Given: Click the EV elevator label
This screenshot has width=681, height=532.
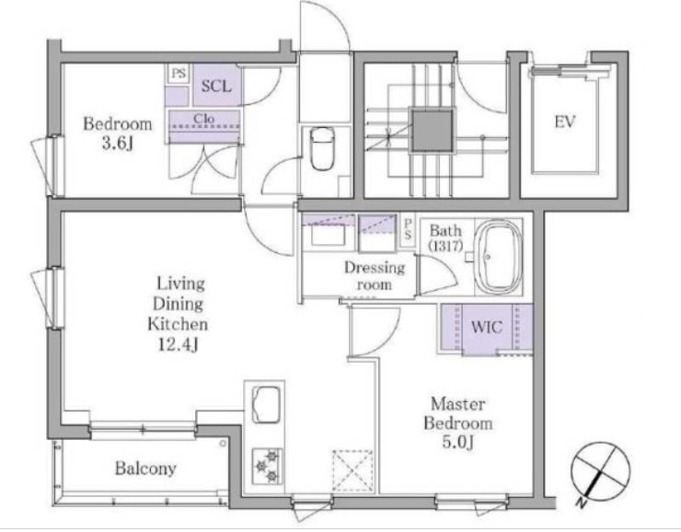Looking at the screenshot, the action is point(565,121).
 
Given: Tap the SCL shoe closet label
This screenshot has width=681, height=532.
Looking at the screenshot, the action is point(216,86).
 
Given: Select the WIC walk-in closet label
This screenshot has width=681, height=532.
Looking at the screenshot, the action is point(487,327).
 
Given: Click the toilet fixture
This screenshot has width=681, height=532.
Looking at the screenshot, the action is point(322,148).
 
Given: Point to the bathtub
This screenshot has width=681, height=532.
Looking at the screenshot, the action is point(497,257).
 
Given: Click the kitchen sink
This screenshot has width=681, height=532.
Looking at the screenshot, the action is point(266,404).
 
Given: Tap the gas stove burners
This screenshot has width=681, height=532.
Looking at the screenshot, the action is point(267,467).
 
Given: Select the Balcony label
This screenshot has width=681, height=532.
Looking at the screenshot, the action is point(145,468).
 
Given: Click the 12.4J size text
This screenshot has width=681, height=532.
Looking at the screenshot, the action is point(178,345).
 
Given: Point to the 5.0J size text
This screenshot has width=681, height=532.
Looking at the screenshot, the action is point(457,442).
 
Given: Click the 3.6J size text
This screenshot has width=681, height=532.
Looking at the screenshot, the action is point(117,144).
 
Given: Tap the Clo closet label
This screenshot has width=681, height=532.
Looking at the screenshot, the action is point(203,118).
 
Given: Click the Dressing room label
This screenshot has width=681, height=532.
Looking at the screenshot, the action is point(375,276).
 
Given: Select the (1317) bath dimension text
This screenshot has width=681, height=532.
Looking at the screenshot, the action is point(445,246).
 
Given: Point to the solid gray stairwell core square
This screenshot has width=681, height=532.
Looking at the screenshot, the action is point(433,131).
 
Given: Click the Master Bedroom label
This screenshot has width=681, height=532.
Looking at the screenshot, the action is point(458,413).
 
